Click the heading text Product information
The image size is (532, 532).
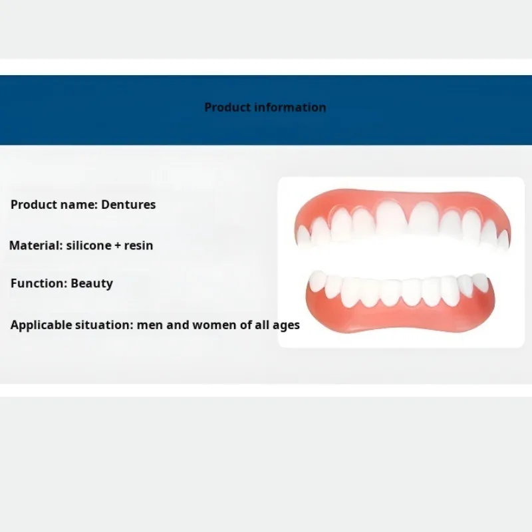click(x=265, y=108)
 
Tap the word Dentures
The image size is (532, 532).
click(x=128, y=205)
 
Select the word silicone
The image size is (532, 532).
click(x=89, y=245)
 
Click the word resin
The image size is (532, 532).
click(x=138, y=245)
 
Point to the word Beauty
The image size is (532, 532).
click(x=92, y=284)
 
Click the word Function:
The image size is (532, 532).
click(x=39, y=283)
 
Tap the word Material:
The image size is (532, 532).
click(x=36, y=245)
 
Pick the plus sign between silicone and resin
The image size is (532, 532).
click(x=118, y=245)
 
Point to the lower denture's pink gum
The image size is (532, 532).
click(x=400, y=319)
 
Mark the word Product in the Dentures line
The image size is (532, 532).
click(x=35, y=205)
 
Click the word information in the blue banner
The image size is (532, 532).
click(x=290, y=108)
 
